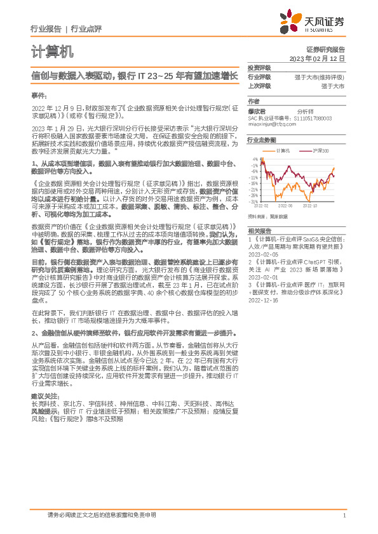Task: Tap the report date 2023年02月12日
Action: [317, 58]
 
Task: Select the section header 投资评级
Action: [259, 67]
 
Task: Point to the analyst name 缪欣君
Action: [257, 110]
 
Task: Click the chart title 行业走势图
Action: [262, 140]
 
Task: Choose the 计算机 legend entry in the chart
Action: [283, 152]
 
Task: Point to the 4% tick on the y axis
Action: [255, 159]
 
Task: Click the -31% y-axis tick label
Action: [253, 201]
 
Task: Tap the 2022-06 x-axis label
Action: [286, 206]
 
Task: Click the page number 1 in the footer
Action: [344, 516]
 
